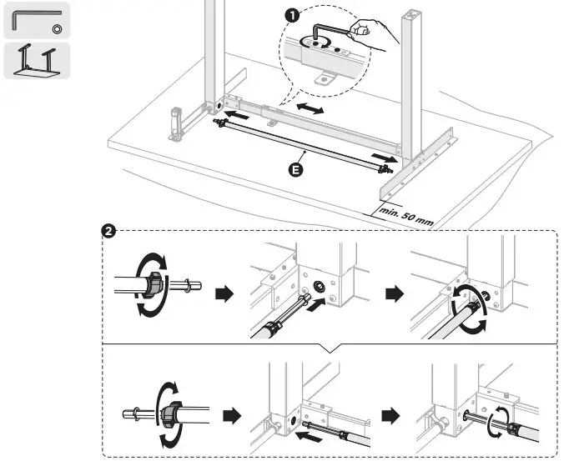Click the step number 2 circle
[x=108, y=231]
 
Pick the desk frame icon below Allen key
[x=38, y=62]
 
